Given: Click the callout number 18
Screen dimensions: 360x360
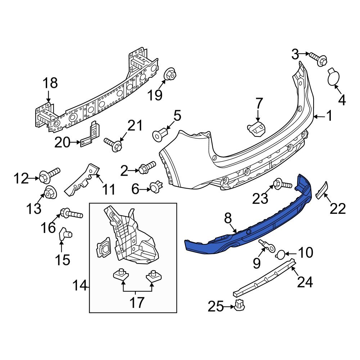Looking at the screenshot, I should click(50, 83).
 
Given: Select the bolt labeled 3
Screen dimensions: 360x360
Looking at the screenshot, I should click(319, 59).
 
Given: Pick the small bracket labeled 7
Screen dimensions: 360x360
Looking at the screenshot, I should click(256, 128).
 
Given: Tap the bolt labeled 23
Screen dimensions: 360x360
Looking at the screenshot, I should click(283, 185).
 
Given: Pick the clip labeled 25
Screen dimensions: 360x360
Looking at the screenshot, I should click(239, 306).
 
